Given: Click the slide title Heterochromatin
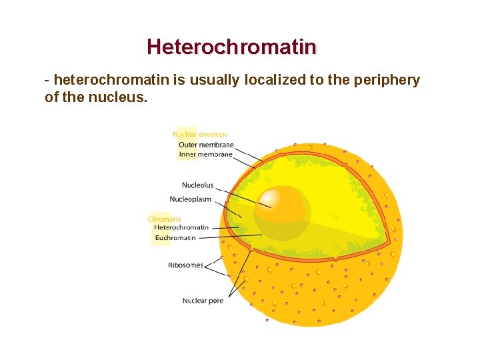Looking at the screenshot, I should tap(231, 47).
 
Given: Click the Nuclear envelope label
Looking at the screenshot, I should tap(200, 135).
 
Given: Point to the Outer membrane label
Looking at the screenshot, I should tap(206, 145).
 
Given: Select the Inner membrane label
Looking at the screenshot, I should tap(205, 155).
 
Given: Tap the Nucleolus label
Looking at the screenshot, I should tap(197, 185).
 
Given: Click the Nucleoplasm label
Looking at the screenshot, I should tap(191, 199).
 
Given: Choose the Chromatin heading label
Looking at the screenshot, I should tap(165, 219).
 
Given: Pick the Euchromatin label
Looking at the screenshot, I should tap(175, 237).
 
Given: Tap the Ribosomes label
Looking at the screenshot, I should tap(185, 265).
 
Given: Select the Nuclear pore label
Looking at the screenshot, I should tap(203, 301).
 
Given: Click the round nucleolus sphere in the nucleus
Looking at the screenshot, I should tap(282, 207).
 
